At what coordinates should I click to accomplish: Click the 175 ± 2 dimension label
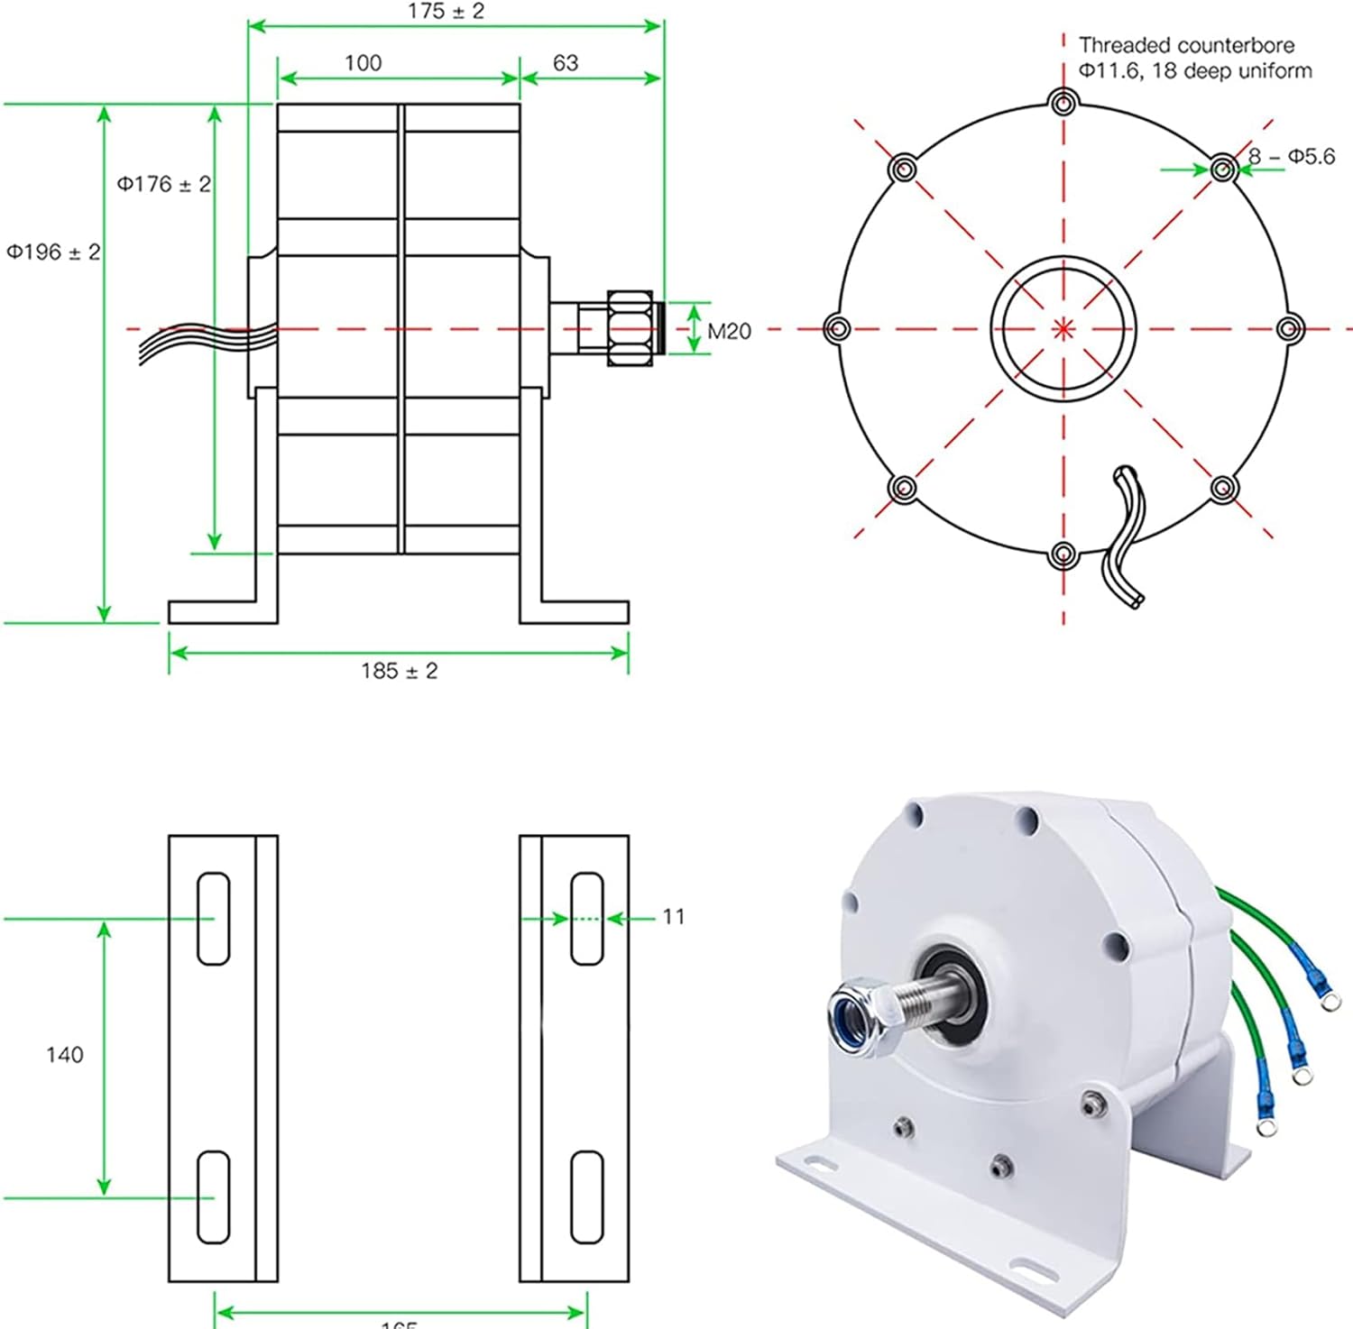pyautogui.click(x=446, y=12)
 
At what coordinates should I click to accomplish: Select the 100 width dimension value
pyautogui.click(x=363, y=63)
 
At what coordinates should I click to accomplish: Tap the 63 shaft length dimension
pyautogui.click(x=566, y=63)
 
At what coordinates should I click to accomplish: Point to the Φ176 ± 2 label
pyautogui.click(x=163, y=184)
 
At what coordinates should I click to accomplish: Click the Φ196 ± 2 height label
pyautogui.click(x=53, y=252)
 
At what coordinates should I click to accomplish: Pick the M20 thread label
pyautogui.click(x=729, y=332)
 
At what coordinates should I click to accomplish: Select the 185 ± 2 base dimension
pyautogui.click(x=399, y=671)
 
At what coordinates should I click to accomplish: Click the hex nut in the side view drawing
pyautogui.click(x=630, y=328)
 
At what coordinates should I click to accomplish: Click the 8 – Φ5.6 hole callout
pyautogui.click(x=1292, y=157)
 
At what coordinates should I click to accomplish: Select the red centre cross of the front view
pyautogui.click(x=1064, y=328)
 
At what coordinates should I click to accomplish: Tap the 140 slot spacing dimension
pyautogui.click(x=65, y=1055)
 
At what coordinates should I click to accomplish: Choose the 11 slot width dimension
pyautogui.click(x=674, y=917)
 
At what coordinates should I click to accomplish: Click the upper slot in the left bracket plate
pyautogui.click(x=213, y=919)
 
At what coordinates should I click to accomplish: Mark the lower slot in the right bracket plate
pyautogui.click(x=587, y=1196)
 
